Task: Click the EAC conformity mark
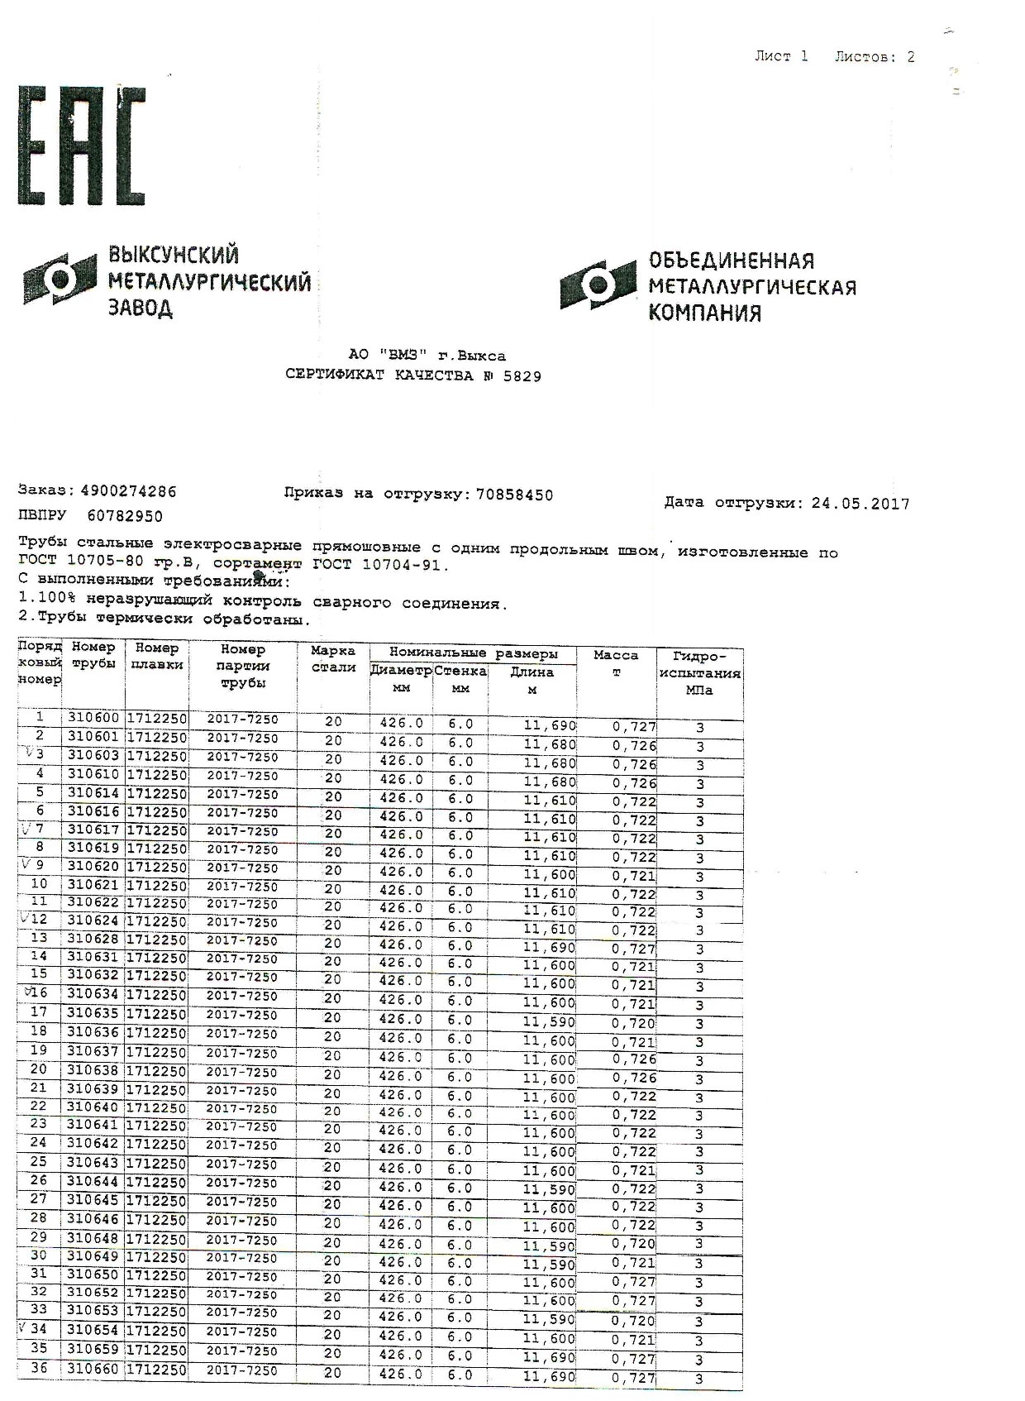tap(81, 146)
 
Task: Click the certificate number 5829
tap(522, 376)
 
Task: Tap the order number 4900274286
tap(128, 491)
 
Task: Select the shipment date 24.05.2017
tap(860, 504)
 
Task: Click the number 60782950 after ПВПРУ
tap(125, 516)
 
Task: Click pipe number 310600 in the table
tap(93, 719)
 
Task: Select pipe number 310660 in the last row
tap(93, 1370)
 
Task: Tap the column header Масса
tap(616, 656)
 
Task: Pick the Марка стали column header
tap(333, 658)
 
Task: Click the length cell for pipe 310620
tap(548, 875)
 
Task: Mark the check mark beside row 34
tap(22, 1327)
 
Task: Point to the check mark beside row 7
tap(26, 829)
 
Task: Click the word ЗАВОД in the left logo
tap(141, 309)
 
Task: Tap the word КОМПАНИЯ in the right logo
tap(703, 313)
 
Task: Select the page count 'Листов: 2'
tap(874, 57)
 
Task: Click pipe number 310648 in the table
tap(93, 1239)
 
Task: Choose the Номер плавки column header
tap(157, 657)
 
